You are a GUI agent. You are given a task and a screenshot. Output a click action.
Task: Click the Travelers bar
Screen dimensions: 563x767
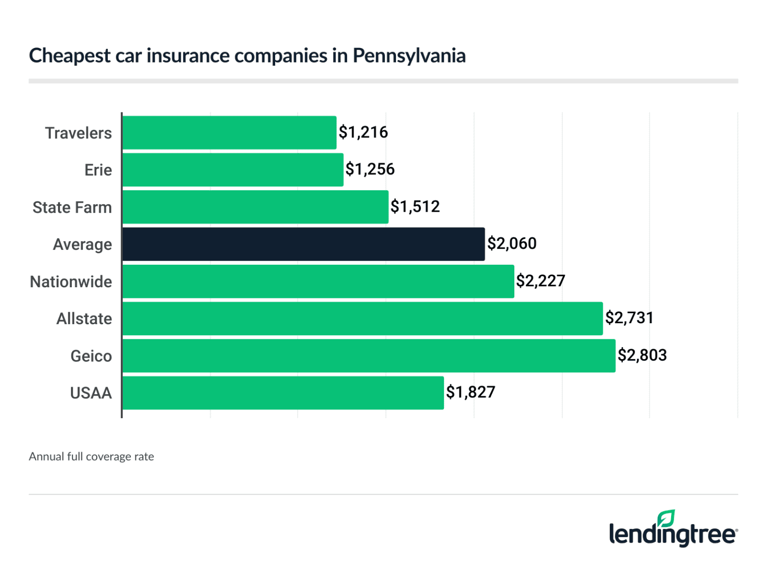(x=229, y=132)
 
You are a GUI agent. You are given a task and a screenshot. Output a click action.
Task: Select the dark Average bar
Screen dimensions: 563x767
(x=303, y=244)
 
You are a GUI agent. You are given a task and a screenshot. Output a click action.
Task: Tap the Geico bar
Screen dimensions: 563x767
(x=369, y=356)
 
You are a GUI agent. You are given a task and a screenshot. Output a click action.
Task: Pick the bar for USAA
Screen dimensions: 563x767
(x=283, y=393)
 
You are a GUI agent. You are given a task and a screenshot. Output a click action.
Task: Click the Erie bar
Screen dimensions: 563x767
(x=233, y=170)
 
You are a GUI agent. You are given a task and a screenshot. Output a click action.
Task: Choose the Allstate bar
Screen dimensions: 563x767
(x=363, y=318)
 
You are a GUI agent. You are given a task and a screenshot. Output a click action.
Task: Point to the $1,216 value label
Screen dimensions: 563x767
(x=363, y=132)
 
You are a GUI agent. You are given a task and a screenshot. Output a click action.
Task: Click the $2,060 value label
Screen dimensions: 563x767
(x=512, y=244)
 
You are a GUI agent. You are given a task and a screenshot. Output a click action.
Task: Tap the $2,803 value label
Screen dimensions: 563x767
(x=642, y=355)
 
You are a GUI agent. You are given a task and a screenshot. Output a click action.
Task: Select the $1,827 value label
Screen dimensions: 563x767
(x=470, y=392)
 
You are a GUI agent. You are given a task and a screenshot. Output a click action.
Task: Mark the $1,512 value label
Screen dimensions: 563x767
(x=415, y=207)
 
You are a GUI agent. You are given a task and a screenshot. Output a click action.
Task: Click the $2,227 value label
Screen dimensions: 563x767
(x=540, y=281)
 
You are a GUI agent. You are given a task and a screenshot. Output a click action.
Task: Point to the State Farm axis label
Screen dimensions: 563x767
(x=72, y=207)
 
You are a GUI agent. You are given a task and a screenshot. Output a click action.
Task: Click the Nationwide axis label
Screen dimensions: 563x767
(x=71, y=282)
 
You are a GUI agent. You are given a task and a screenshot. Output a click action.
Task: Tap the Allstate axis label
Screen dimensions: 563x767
(x=84, y=319)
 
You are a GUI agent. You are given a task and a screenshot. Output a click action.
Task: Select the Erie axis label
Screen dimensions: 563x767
(x=98, y=170)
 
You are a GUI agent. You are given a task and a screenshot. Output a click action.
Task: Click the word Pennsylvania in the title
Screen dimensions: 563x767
(x=409, y=56)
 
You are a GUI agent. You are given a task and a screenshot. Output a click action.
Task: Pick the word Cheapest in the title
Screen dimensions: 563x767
(x=70, y=56)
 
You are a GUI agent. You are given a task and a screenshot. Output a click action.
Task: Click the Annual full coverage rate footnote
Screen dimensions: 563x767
(x=91, y=457)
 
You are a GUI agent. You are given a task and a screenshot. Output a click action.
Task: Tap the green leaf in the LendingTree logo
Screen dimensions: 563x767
(x=666, y=519)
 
